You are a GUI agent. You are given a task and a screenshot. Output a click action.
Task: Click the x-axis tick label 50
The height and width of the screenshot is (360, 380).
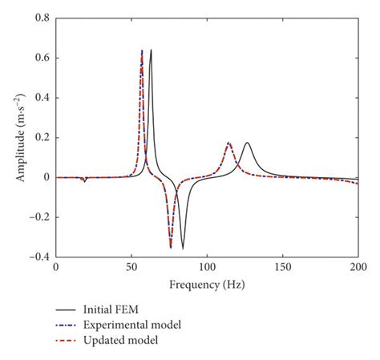point(131,267)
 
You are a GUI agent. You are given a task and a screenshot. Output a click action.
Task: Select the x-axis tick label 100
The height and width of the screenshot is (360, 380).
point(207,267)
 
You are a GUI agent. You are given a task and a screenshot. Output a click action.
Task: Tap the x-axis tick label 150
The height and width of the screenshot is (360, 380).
point(282,267)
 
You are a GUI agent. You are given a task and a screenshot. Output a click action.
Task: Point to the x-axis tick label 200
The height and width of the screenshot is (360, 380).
point(358,267)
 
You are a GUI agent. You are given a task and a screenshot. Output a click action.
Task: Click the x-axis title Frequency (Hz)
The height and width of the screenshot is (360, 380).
point(207,284)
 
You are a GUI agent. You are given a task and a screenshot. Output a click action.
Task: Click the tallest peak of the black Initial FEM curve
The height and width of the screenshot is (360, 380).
point(151,50)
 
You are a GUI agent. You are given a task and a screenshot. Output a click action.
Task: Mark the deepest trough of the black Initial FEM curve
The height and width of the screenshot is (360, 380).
point(183,249)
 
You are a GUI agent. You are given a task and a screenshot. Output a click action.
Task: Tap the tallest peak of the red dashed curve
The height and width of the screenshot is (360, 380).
point(142,51)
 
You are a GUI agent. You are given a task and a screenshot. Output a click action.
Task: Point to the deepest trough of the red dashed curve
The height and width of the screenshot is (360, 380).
point(171,248)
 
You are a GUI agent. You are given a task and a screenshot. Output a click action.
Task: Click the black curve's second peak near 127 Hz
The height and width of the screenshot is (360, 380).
point(248,143)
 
